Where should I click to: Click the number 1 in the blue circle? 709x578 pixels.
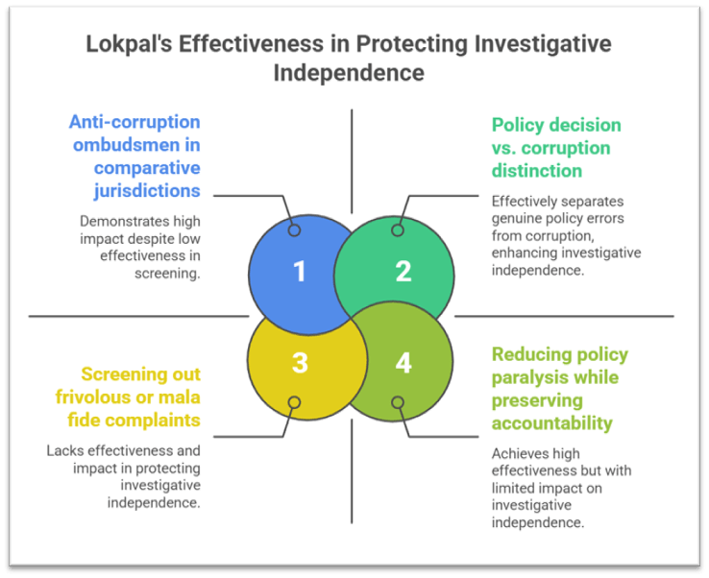(300, 272)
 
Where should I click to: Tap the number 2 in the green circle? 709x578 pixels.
(403, 272)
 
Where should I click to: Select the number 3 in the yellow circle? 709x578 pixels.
(300, 363)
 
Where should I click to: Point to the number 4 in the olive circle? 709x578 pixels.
(403, 363)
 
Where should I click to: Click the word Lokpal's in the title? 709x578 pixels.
(128, 44)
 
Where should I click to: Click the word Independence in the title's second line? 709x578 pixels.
(349, 72)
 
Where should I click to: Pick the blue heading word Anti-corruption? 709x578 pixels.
(134, 123)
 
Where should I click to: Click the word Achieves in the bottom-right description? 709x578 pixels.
(522, 453)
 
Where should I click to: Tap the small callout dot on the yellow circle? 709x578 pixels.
(294, 402)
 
